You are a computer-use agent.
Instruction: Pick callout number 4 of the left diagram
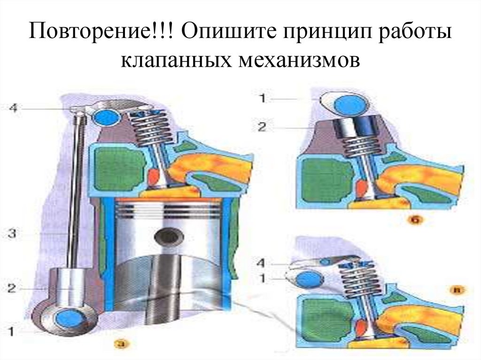(13, 108)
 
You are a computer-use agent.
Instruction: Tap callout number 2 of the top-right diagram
(261, 126)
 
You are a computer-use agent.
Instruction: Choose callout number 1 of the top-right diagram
(261, 99)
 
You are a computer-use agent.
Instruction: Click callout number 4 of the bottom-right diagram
(261, 261)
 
